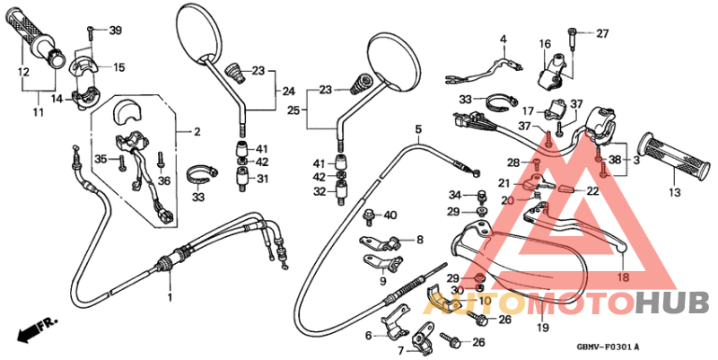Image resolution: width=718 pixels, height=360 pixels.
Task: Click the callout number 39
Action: [x=115, y=32]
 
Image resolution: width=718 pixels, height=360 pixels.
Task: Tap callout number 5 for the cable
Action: [x=418, y=131]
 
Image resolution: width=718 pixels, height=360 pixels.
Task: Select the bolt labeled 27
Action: [x=572, y=36]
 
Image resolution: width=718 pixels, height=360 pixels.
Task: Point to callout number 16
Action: [x=544, y=44]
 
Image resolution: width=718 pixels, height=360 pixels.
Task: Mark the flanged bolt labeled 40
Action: [x=368, y=215]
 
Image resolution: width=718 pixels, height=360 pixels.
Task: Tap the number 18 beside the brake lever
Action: [x=623, y=278]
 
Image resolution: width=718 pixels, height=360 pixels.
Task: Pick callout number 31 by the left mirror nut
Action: [x=262, y=179]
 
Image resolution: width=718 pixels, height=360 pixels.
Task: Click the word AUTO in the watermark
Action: [x=472, y=305]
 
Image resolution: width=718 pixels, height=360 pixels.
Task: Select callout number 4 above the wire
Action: [x=503, y=40]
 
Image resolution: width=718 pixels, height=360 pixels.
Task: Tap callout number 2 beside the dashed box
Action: [x=197, y=132]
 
